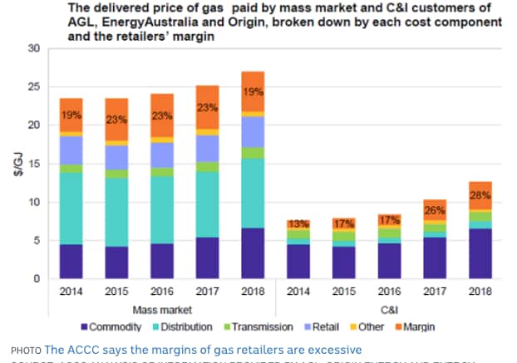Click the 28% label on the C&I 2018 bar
pyautogui.click(x=480, y=194)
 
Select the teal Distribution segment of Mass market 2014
pyautogui.click(x=71, y=208)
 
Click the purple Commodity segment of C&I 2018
pyautogui.click(x=480, y=253)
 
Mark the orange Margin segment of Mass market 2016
pyautogui.click(x=160, y=116)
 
